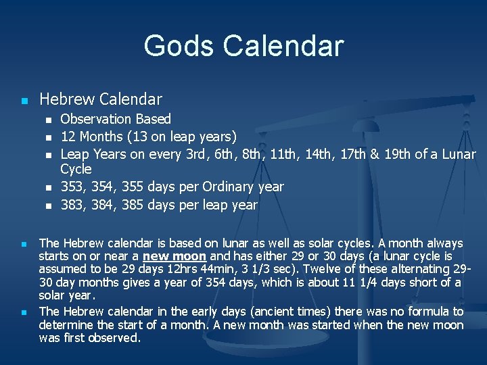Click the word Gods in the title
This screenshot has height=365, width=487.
click(179, 45)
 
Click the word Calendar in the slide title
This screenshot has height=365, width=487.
click(283, 45)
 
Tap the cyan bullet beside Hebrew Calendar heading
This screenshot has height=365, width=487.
click(24, 101)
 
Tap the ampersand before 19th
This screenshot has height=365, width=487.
click(375, 155)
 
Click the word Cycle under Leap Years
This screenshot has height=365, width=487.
click(76, 169)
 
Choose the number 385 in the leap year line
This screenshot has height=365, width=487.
click(133, 205)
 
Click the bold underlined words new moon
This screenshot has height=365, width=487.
click(175, 256)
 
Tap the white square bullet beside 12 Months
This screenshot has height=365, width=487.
click(49, 137)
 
